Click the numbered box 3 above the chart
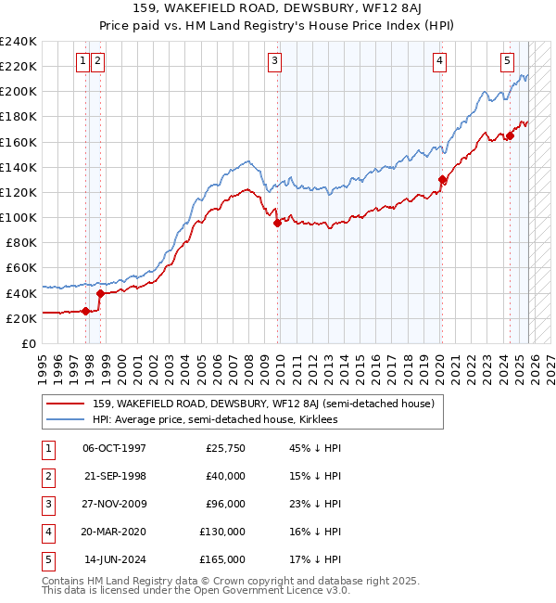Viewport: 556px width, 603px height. [x=275, y=62]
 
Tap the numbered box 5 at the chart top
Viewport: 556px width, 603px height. [x=508, y=62]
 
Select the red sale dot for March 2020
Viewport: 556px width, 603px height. [x=442, y=180]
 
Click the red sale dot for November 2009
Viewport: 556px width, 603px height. [x=278, y=223]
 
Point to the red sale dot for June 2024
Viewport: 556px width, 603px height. [x=510, y=136]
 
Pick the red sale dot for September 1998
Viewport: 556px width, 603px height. [x=100, y=293]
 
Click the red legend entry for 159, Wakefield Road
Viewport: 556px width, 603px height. [x=269, y=404]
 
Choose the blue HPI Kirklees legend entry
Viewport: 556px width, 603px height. [x=215, y=420]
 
